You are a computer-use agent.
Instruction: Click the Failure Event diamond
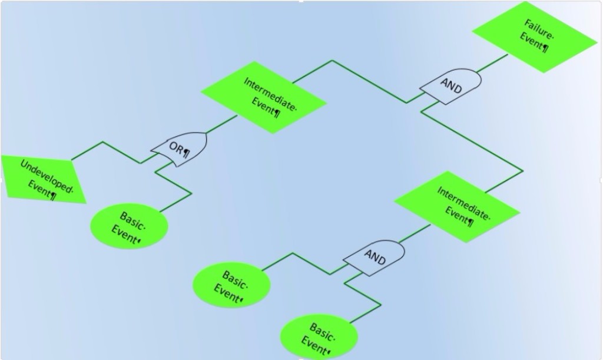tap(535, 37)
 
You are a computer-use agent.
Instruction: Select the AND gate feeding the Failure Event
tap(451, 86)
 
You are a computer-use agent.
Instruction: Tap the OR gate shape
tap(180, 149)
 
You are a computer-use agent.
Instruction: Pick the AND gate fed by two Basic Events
tap(375, 257)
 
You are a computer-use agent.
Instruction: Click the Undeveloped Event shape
tap(43, 179)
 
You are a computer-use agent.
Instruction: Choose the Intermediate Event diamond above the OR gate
tap(264, 97)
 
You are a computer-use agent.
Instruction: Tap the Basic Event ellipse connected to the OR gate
tap(130, 226)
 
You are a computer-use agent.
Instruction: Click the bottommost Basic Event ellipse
tap(319, 338)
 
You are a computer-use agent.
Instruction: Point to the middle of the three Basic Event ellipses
tap(231, 285)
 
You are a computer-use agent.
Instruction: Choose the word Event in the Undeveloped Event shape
tap(40, 189)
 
